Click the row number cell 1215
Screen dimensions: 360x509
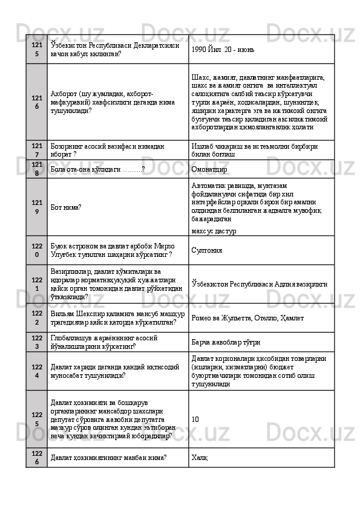pyautogui.click(x=37, y=49)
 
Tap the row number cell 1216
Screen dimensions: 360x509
pyautogui.click(x=37, y=102)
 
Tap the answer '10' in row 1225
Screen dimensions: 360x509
pyautogui.click(x=194, y=418)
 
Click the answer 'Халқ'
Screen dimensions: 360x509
pyautogui.click(x=198, y=458)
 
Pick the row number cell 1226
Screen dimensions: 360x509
pyautogui.click(x=37, y=458)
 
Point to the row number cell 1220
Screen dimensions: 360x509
pyautogui.click(x=37, y=250)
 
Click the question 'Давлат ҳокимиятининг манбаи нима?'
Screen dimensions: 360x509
pyautogui.click(x=109, y=458)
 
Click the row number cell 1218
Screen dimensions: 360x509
pyautogui.click(x=37, y=169)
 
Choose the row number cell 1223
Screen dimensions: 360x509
pyautogui.click(x=37, y=343)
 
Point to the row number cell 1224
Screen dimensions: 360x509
pyautogui.click(x=37, y=372)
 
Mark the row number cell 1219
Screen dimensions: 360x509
pyautogui.click(x=37, y=207)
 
